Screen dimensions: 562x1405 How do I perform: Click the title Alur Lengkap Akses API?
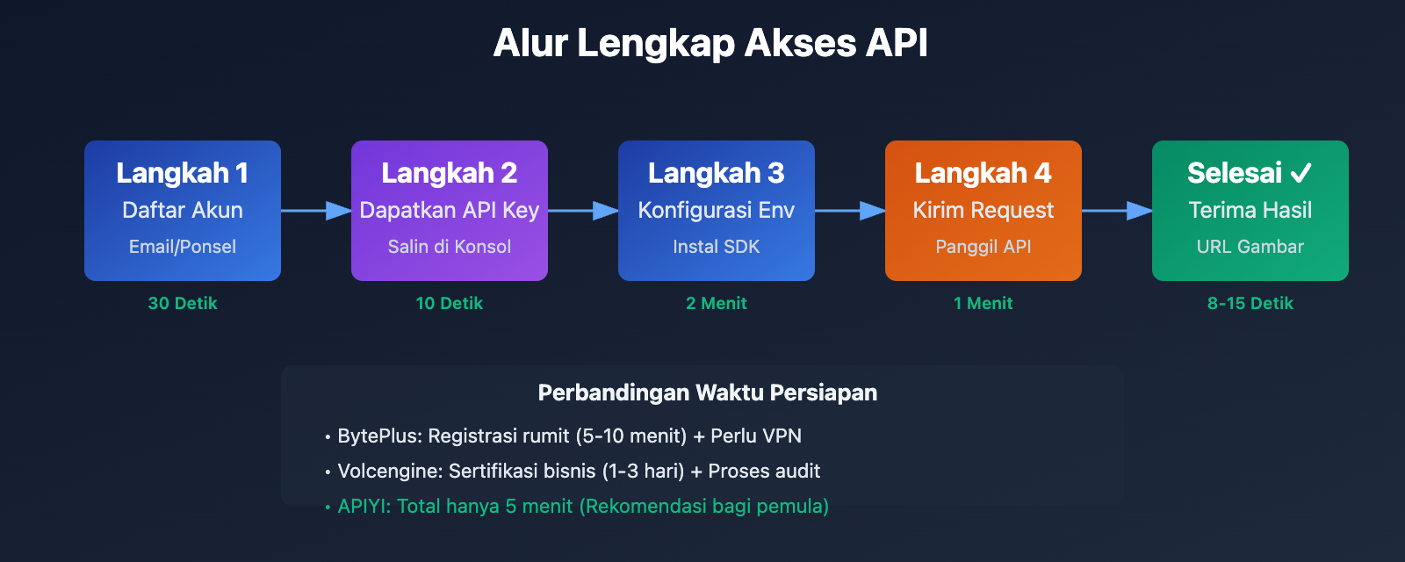[x=710, y=43]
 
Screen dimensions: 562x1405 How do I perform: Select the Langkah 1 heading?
[x=183, y=173]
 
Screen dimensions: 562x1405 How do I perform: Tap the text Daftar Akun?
[x=183, y=210]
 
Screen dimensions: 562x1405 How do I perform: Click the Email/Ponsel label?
[x=183, y=247]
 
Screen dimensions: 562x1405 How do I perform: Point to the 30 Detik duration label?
[x=183, y=303]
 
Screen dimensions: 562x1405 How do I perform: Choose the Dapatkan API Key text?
[x=450, y=210]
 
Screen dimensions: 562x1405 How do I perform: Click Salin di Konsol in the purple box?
[x=450, y=247]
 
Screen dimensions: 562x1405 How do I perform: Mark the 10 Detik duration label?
[x=450, y=303]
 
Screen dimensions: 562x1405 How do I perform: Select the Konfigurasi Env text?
[x=717, y=210]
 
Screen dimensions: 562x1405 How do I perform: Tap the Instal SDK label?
[x=717, y=247]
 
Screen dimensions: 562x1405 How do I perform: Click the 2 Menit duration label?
[x=717, y=303]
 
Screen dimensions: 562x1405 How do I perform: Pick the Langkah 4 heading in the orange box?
[x=983, y=173]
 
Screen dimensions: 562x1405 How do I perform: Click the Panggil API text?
[x=983, y=247]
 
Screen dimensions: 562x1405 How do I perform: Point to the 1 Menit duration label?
[x=983, y=303]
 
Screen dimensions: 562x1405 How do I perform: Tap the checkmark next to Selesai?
[x=1301, y=173]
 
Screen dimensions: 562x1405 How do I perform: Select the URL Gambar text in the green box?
[x=1250, y=247]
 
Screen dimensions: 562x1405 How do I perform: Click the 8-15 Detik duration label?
[x=1250, y=303]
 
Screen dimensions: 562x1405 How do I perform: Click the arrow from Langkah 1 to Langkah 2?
[x=316, y=211]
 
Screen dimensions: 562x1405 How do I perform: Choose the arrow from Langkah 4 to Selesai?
[x=1117, y=211]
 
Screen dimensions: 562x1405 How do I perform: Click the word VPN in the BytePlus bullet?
[x=782, y=436]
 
